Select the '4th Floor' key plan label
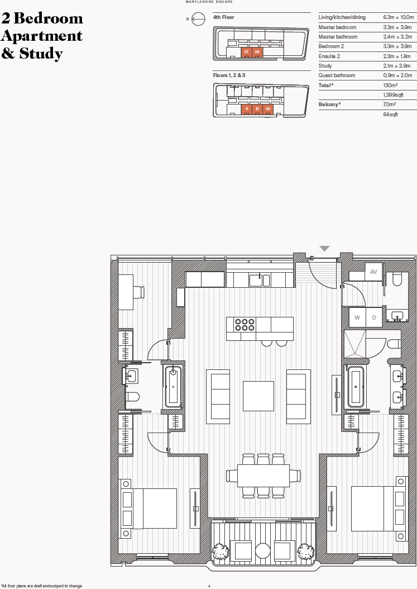(x=224, y=17)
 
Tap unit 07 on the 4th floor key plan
(x=246, y=51)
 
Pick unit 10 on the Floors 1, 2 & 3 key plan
(x=257, y=108)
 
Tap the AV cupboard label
(x=373, y=272)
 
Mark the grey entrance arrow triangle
(x=324, y=249)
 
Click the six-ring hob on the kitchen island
(x=245, y=325)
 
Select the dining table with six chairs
(x=263, y=476)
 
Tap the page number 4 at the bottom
(x=209, y=586)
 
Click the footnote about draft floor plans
(x=41, y=586)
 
